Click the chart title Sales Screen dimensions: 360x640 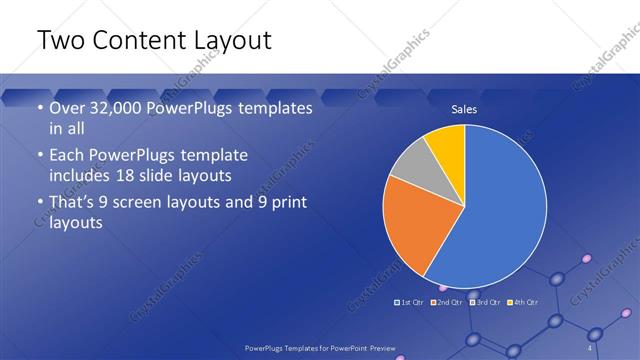(x=464, y=108)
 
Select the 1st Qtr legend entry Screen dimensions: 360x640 (x=408, y=302)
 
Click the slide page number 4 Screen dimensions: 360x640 (x=590, y=347)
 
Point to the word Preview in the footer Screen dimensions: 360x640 (x=379, y=347)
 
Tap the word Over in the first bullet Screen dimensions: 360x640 (x=68, y=108)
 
